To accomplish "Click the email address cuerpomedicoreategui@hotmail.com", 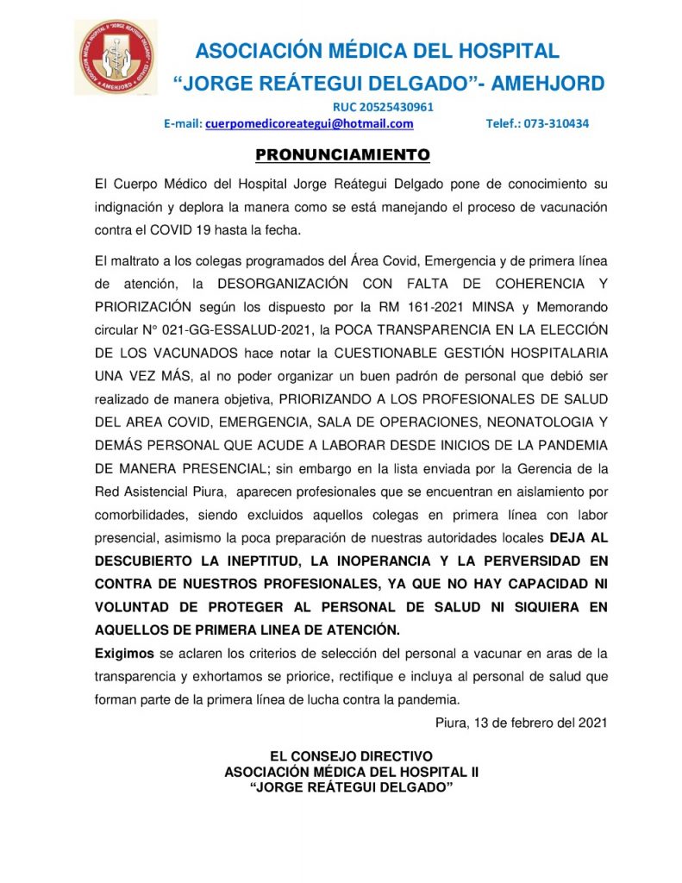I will [x=310, y=123].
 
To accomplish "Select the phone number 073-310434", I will [x=560, y=123].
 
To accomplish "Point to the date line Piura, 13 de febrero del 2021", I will [x=521, y=723].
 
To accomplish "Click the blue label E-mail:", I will [x=183, y=123].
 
